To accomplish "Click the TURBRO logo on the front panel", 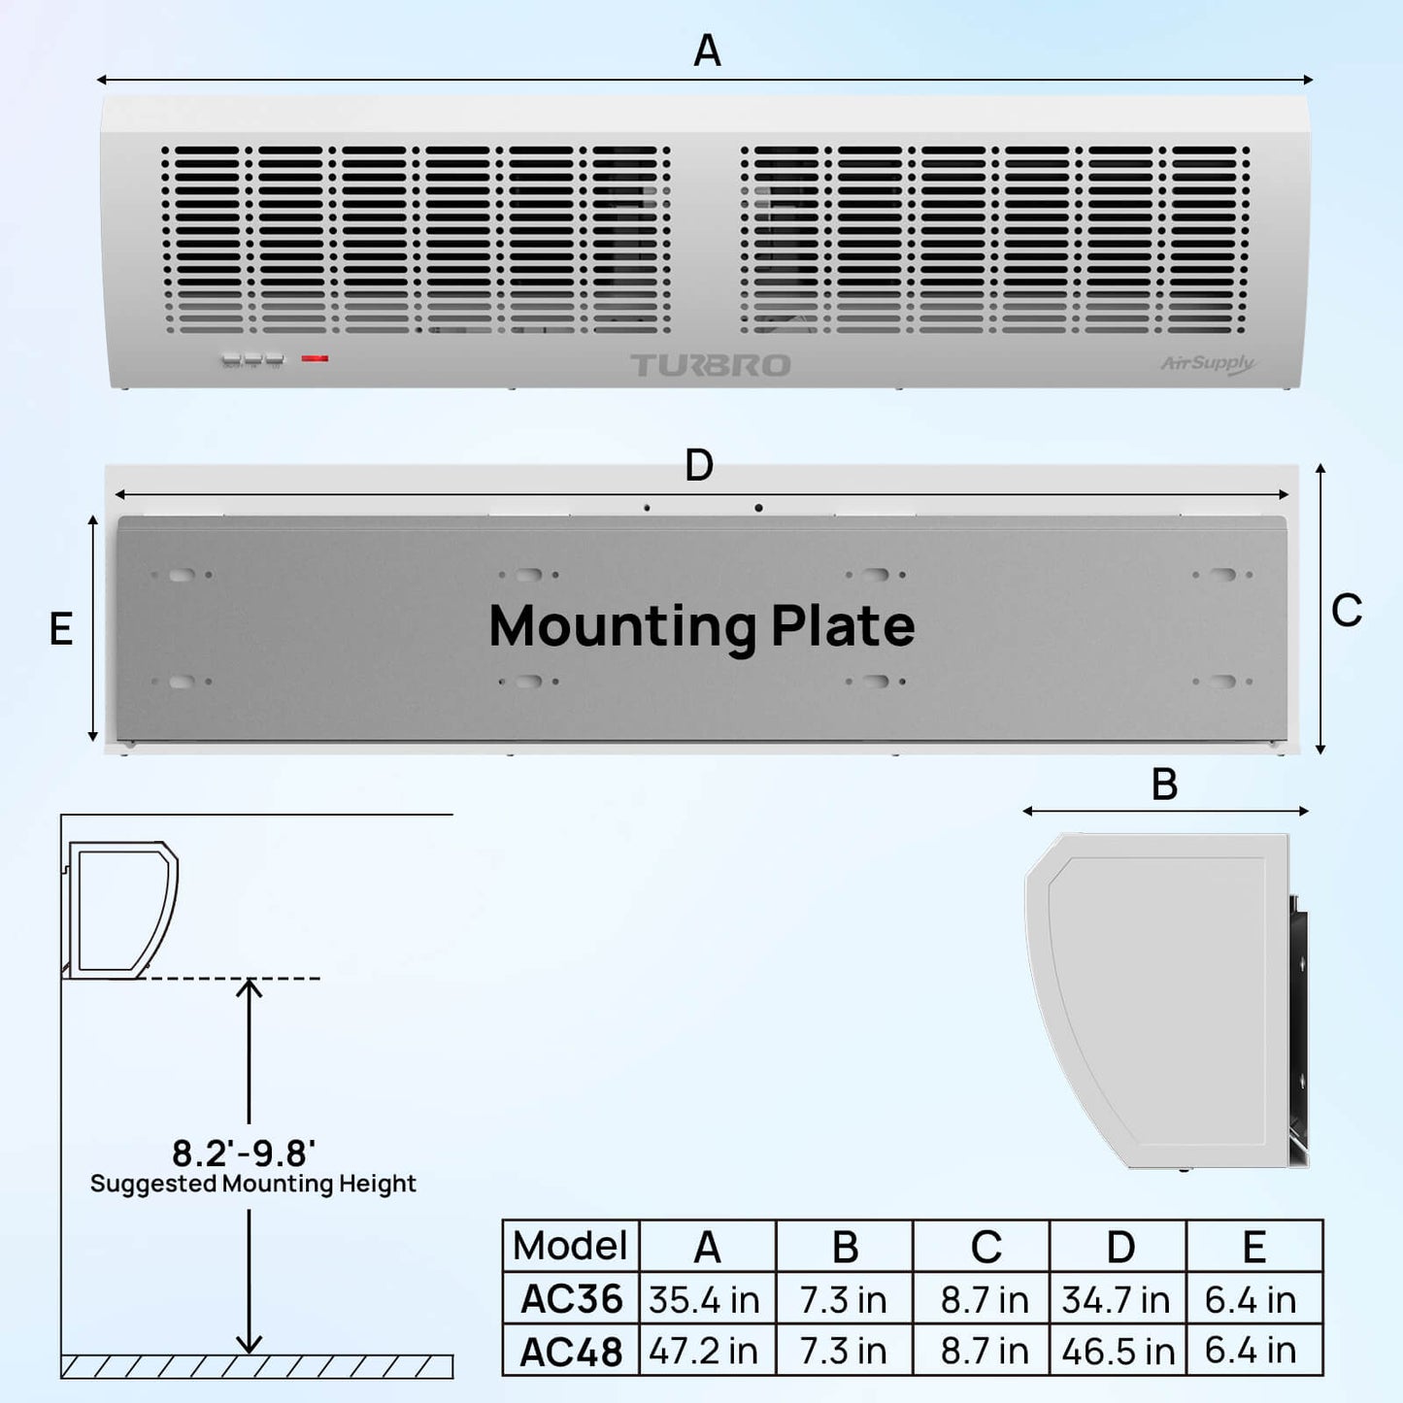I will [711, 365].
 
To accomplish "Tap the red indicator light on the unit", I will [315, 358].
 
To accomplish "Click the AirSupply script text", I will [1207, 364].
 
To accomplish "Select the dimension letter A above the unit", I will [707, 50].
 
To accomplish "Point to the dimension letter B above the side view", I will [1164, 785].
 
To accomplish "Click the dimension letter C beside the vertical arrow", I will [1347, 611].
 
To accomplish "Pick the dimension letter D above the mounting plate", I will [699, 466].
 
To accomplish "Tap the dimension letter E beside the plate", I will [61, 629].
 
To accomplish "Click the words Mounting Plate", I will [701, 626].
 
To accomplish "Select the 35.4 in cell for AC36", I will [705, 1300].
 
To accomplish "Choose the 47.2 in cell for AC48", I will [705, 1351].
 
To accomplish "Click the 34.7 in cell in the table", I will [1117, 1300].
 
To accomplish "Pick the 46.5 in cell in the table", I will [1118, 1351].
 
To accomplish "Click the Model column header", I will [571, 1246].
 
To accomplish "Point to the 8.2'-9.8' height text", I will [244, 1153].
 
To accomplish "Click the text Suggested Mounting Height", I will [252, 1184].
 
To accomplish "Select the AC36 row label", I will [571, 1299].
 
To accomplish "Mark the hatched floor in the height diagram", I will [256, 1366].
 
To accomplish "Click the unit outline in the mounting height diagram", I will [121, 909].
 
